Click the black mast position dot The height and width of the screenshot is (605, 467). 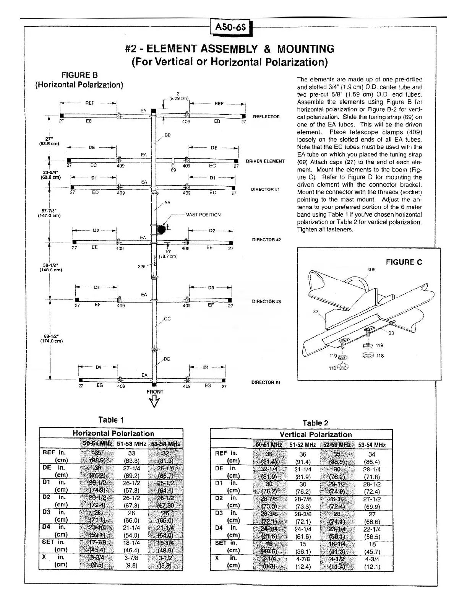pos(162,229)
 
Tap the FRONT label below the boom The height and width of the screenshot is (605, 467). pos(155,392)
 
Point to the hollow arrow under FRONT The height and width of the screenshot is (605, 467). pos(155,402)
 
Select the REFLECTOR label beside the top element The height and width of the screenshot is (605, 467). pos(266,117)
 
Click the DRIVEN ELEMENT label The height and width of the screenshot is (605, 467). pos(265,161)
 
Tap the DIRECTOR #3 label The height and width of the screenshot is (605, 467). pos(266,302)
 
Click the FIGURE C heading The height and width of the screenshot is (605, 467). pos(404,262)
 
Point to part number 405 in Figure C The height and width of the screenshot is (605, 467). pos(371,269)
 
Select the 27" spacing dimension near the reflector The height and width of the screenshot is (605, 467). pos(49,139)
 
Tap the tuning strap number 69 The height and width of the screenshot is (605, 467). pos(173,170)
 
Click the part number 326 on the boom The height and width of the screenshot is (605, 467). pos(141,267)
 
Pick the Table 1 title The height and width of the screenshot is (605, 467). pos(111,420)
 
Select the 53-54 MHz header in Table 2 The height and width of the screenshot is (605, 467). pos(372,445)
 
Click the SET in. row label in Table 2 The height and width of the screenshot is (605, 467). pos(226,543)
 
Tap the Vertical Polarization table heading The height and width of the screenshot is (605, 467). pos(316,434)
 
